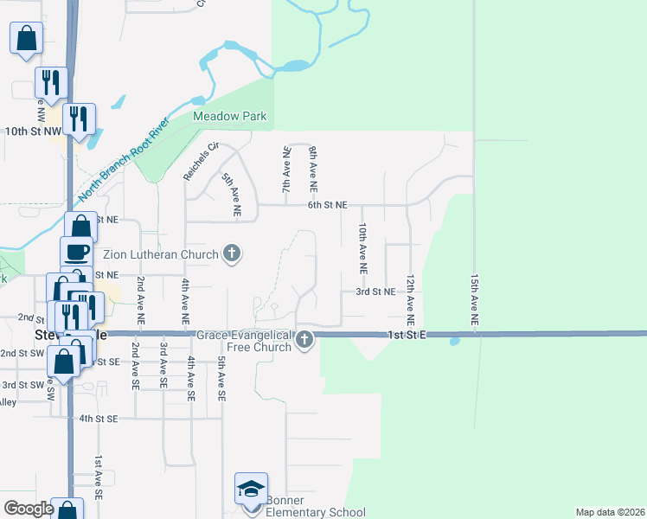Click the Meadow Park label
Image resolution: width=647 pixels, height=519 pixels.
click(x=229, y=117)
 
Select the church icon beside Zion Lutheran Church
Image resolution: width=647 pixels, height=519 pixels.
click(x=231, y=253)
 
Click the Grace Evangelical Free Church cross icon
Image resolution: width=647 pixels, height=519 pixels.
click(x=304, y=340)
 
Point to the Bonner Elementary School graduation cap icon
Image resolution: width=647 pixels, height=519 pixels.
click(x=251, y=489)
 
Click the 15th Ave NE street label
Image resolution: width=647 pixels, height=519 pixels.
click(x=474, y=301)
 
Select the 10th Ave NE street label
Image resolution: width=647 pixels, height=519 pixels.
click(x=362, y=249)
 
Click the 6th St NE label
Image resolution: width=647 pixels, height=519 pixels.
click(x=327, y=205)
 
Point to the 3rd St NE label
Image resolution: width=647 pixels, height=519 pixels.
click(x=375, y=292)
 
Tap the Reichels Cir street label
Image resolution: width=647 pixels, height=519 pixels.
click(x=193, y=161)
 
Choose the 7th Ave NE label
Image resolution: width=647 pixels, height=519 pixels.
click(x=285, y=170)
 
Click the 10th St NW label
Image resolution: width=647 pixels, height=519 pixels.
click(x=33, y=131)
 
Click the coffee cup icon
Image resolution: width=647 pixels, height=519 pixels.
click(x=76, y=252)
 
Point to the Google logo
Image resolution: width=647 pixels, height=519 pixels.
click(x=29, y=509)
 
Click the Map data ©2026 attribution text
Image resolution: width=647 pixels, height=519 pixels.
click(x=610, y=512)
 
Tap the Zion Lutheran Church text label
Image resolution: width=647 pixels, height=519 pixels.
click(x=161, y=254)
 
